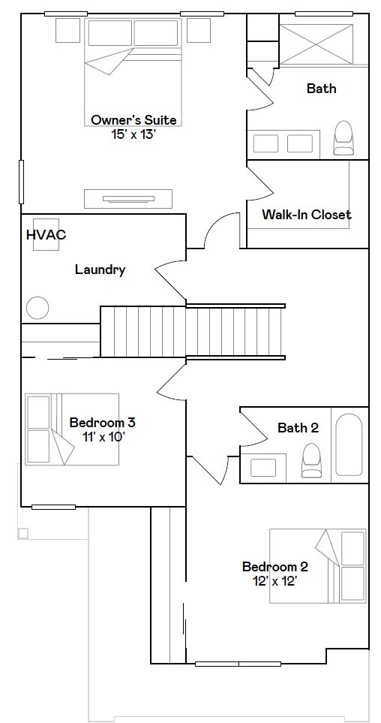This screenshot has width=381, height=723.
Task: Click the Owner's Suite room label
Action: (x=133, y=119)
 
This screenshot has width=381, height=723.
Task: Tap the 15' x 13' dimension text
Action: (x=133, y=134)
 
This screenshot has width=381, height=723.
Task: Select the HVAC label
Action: (x=46, y=234)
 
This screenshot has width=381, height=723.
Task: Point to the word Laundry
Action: (x=100, y=270)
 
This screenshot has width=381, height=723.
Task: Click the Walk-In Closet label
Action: (x=306, y=215)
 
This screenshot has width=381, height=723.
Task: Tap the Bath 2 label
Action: (x=298, y=428)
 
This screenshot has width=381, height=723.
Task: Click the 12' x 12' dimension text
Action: (x=274, y=580)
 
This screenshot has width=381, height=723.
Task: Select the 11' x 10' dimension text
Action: (x=102, y=436)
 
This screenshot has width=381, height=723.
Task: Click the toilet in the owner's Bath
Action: (x=343, y=139)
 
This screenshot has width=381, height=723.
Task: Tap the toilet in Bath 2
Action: (x=311, y=459)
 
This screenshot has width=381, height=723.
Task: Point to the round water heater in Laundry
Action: (x=37, y=308)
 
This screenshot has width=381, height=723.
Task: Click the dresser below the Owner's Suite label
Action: (x=127, y=198)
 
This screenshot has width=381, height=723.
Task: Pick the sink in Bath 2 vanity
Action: (x=263, y=467)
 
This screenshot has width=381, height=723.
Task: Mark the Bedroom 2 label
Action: (x=274, y=566)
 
